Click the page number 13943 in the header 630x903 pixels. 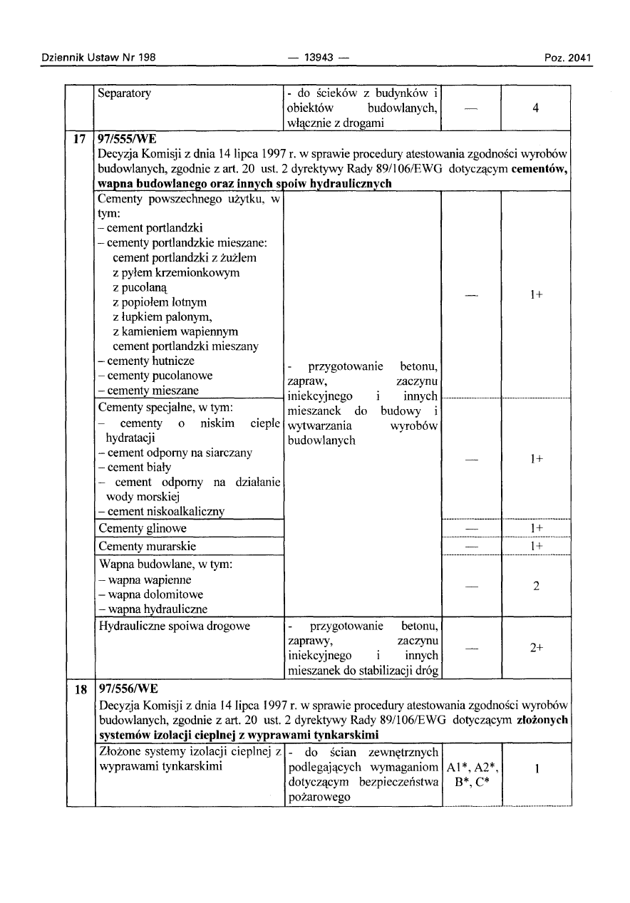coord(314,58)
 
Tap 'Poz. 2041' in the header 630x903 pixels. coord(568,58)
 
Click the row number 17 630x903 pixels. coord(81,138)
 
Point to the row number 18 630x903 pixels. coord(81,689)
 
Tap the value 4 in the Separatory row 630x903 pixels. coord(535,108)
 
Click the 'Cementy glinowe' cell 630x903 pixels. coord(142,528)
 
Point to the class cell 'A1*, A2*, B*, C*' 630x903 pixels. coord(470,775)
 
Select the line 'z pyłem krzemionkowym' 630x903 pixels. coord(175,273)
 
